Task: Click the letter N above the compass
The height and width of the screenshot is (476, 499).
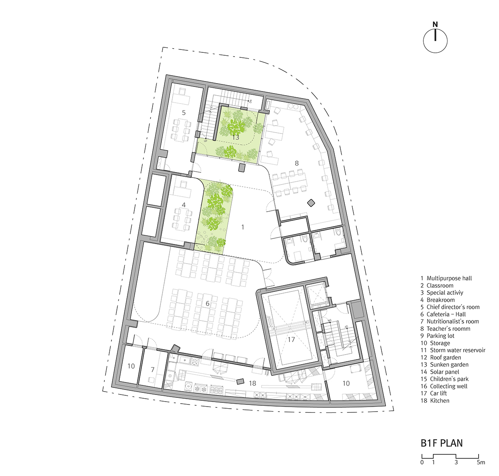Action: (435, 25)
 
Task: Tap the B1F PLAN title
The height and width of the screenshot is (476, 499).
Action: (442, 443)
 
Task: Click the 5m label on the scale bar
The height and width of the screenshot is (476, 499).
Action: (481, 462)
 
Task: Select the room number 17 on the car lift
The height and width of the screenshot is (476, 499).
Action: (291, 339)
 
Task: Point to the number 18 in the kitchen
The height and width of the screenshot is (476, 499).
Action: (252, 383)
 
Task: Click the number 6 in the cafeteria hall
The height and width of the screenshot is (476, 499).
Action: (208, 303)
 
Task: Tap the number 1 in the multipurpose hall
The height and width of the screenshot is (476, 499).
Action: (243, 227)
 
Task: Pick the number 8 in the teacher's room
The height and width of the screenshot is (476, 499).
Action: (297, 163)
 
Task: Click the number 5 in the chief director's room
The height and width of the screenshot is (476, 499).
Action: (184, 112)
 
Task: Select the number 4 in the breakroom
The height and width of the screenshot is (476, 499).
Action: (184, 205)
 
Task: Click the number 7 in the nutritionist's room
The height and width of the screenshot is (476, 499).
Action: (153, 370)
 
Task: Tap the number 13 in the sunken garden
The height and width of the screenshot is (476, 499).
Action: (235, 137)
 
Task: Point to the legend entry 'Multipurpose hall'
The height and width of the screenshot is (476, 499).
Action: (449, 279)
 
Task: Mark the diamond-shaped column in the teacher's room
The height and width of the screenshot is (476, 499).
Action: (311, 203)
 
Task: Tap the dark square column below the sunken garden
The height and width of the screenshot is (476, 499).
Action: (242, 168)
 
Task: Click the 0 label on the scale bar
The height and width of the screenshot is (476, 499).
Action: (422, 462)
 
